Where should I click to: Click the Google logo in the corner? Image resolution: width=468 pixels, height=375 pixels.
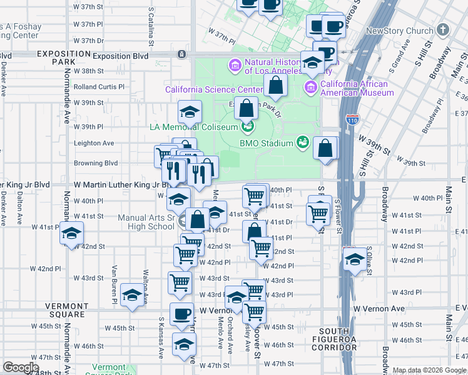pyautogui.click(x=21, y=367)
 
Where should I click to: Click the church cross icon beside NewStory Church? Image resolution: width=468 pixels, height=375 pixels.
pyautogui.click(x=443, y=30)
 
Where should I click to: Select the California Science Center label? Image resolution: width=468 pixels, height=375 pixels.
pyautogui.click(x=213, y=89)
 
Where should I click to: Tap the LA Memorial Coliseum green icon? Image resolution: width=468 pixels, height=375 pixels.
pyautogui.click(x=248, y=127)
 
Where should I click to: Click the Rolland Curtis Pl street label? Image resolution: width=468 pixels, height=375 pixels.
pyautogui.click(x=99, y=87)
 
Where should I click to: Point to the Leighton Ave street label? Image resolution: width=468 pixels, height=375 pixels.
pyautogui.click(x=94, y=143)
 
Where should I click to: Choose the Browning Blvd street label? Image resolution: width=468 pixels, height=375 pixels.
pyautogui.click(x=96, y=163)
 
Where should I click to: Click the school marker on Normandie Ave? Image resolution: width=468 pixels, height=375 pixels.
pyautogui.click(x=72, y=234)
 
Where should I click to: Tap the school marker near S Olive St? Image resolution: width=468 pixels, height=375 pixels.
pyautogui.click(x=355, y=259)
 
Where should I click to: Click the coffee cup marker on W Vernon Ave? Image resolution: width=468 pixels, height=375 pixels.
pyautogui.click(x=182, y=314)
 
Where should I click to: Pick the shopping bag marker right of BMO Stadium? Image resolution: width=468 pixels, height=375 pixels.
pyautogui.click(x=325, y=149)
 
